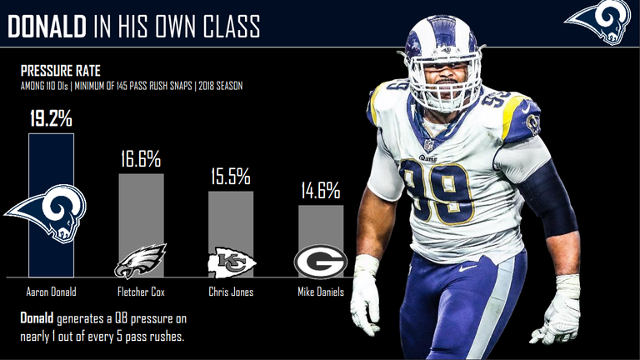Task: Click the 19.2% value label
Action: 51,117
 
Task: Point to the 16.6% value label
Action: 140,158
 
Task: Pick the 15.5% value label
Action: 229,176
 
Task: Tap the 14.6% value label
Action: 320,191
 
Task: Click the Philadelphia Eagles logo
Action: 140,261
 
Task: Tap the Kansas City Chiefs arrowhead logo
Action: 231,262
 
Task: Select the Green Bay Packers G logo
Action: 320,262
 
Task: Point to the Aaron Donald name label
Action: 51,292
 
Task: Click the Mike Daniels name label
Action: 320,292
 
